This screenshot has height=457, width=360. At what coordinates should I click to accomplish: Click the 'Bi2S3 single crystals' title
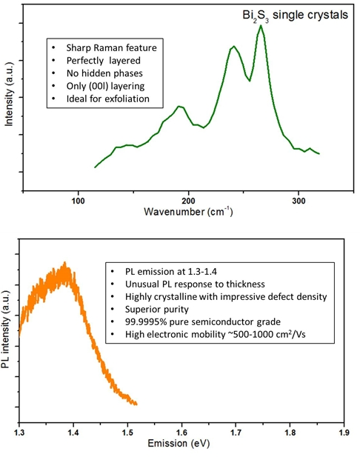click(296, 15)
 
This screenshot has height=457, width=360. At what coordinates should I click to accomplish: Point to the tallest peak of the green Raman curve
click(261, 25)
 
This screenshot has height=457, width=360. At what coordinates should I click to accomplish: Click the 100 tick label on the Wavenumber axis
click(78, 201)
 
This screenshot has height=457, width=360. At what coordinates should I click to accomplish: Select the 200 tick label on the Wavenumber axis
click(188, 201)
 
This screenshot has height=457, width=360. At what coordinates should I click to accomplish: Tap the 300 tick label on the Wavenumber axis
click(299, 201)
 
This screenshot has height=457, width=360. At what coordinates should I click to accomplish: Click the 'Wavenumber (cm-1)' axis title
click(188, 211)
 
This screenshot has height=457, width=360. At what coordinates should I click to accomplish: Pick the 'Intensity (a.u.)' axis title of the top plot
click(10, 94)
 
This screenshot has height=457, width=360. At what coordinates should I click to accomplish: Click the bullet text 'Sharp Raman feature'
click(111, 48)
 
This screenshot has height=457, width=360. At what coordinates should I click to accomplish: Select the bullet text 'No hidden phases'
click(104, 73)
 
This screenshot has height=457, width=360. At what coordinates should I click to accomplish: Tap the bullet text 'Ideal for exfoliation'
click(108, 99)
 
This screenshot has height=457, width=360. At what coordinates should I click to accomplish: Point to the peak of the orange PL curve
click(65, 262)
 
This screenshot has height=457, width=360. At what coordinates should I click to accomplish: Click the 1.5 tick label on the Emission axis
click(127, 433)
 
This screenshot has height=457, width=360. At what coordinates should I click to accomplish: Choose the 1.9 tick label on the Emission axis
click(344, 433)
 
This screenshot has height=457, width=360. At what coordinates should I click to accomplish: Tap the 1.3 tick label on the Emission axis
click(19, 433)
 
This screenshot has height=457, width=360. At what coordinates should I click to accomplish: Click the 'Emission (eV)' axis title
click(179, 444)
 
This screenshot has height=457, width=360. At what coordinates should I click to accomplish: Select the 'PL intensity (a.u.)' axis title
click(6, 330)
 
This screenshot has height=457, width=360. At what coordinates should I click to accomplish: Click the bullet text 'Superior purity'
click(157, 309)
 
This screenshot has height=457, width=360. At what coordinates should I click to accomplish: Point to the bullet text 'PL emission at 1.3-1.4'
click(171, 272)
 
